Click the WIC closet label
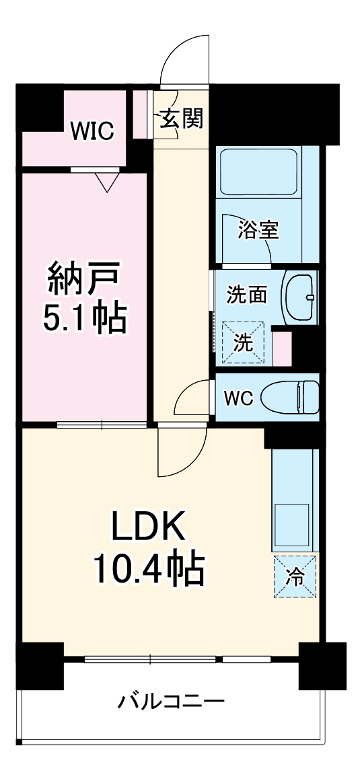click(x=94, y=130)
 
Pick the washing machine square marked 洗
click(x=244, y=342)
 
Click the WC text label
click(x=238, y=398)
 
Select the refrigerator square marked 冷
click(x=294, y=575)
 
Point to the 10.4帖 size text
click(x=148, y=570)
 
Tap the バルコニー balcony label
click(x=171, y=702)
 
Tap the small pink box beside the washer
click(x=282, y=345)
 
